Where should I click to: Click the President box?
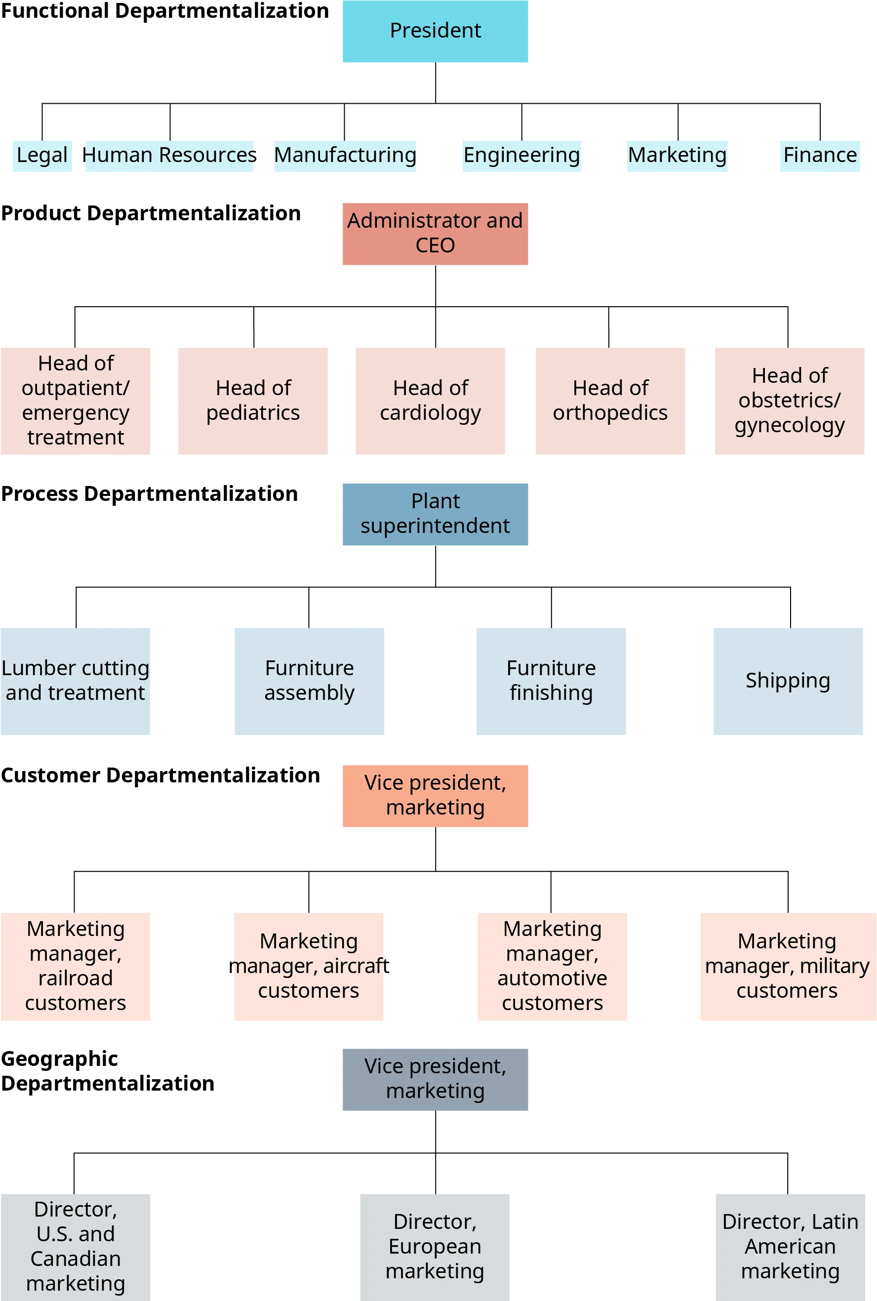pos(435,31)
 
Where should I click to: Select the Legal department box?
pos(42,155)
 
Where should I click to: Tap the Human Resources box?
pos(169,155)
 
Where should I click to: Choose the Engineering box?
pos(522,155)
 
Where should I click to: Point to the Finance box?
pos(819,155)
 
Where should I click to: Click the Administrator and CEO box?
pos(435,234)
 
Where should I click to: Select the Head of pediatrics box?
pos(253,402)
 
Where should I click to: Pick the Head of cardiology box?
pos(430,402)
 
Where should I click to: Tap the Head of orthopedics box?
pos(610,402)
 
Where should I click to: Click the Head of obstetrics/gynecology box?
pos(789,402)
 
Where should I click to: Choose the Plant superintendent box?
pos(435,515)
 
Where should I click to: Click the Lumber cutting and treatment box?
pos(75,681)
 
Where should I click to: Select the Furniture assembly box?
pos(309,681)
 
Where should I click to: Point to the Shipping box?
pos(788,681)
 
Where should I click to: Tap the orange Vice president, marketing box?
pos(435,795)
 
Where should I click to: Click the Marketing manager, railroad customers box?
pos(76,967)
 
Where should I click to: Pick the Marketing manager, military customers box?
pos(787,967)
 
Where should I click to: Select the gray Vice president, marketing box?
pos(435,1080)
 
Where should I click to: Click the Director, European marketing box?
pos(435,1247)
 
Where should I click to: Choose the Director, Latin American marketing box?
pos(790,1247)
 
